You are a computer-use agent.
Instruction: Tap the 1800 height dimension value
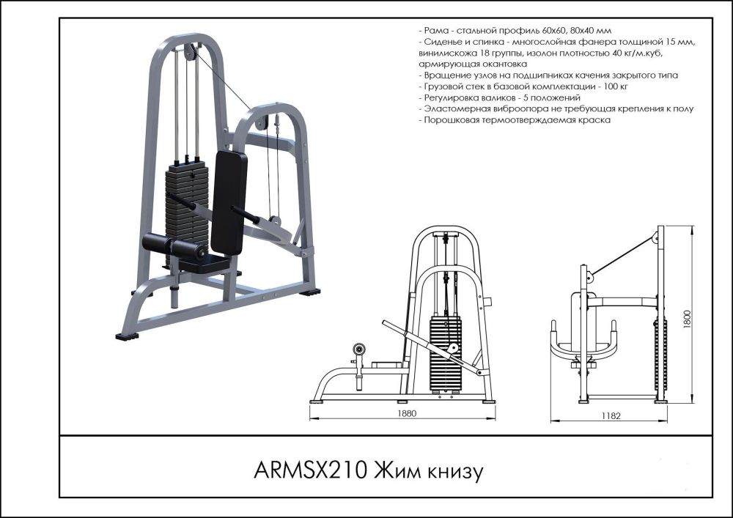(687, 320)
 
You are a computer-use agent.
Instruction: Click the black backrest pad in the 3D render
(229, 202)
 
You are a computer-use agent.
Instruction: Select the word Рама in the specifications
(435, 32)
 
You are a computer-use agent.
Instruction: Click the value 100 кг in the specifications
(597, 86)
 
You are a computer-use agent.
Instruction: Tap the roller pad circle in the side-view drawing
(359, 349)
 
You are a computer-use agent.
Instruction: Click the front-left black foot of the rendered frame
(128, 337)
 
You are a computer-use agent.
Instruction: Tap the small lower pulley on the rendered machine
(275, 219)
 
